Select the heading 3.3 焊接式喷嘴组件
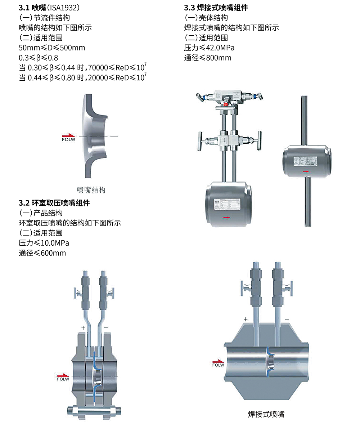tap(216, 8)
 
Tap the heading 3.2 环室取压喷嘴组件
tap(54, 203)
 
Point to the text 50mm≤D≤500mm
tap(52, 48)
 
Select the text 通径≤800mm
tap(208, 58)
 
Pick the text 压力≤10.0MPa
tap(44, 243)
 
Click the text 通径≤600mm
tap(42, 253)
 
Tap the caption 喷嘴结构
tap(91, 189)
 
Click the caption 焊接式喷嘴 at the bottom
tap(266, 414)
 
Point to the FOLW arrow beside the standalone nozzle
tap(68, 137)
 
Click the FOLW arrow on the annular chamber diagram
tap(63, 376)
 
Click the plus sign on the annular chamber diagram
tap(83, 328)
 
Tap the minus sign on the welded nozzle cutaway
tap(287, 319)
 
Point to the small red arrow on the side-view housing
tap(306, 171)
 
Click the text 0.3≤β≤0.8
tap(39, 58)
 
